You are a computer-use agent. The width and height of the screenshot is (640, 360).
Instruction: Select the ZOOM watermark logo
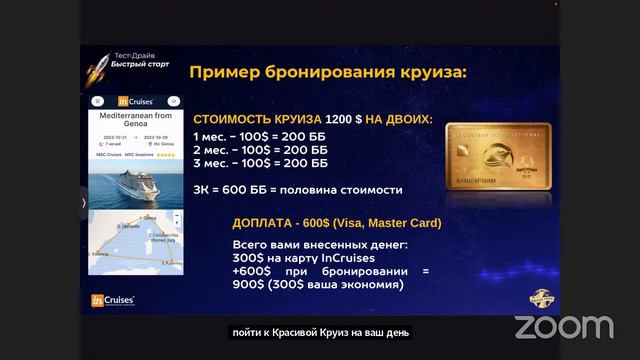[x=564, y=326]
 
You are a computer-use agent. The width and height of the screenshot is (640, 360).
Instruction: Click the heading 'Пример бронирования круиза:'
[x=327, y=72]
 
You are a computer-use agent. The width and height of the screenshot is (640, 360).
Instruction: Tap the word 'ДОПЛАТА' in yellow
[x=265, y=223]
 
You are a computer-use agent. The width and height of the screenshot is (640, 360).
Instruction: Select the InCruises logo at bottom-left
[x=113, y=299]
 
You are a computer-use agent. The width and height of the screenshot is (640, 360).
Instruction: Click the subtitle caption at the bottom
[x=319, y=332]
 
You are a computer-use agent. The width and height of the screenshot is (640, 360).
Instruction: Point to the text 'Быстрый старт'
[x=140, y=63]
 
